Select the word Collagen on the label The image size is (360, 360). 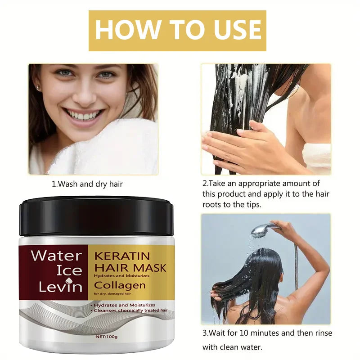(120, 285)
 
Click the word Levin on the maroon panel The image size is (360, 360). (57, 286)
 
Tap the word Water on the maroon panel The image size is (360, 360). (56, 256)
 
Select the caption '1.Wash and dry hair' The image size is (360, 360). (87, 184)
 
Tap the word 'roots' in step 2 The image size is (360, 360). (212, 204)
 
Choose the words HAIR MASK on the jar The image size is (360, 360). (130, 268)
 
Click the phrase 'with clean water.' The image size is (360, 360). (232, 347)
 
